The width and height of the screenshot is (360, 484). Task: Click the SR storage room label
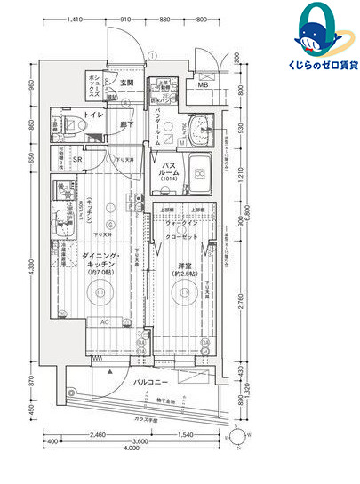[x=78, y=161]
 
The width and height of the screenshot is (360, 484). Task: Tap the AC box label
[x=104, y=321]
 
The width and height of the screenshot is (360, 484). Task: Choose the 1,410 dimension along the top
[x=76, y=17]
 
